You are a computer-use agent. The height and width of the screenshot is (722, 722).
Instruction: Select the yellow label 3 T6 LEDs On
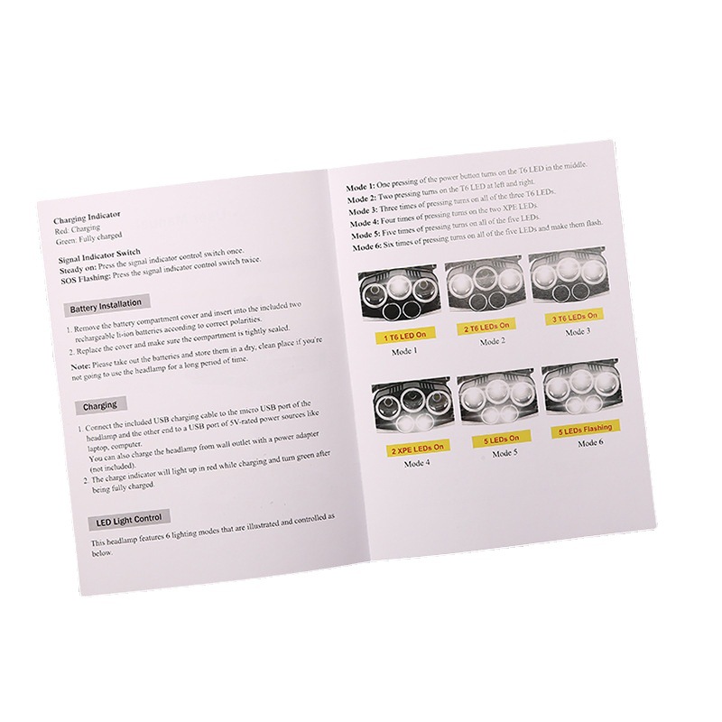(575, 318)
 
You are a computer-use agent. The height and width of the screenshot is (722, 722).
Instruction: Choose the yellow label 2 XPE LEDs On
(416, 448)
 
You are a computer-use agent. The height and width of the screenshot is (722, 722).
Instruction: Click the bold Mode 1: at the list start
(362, 188)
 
